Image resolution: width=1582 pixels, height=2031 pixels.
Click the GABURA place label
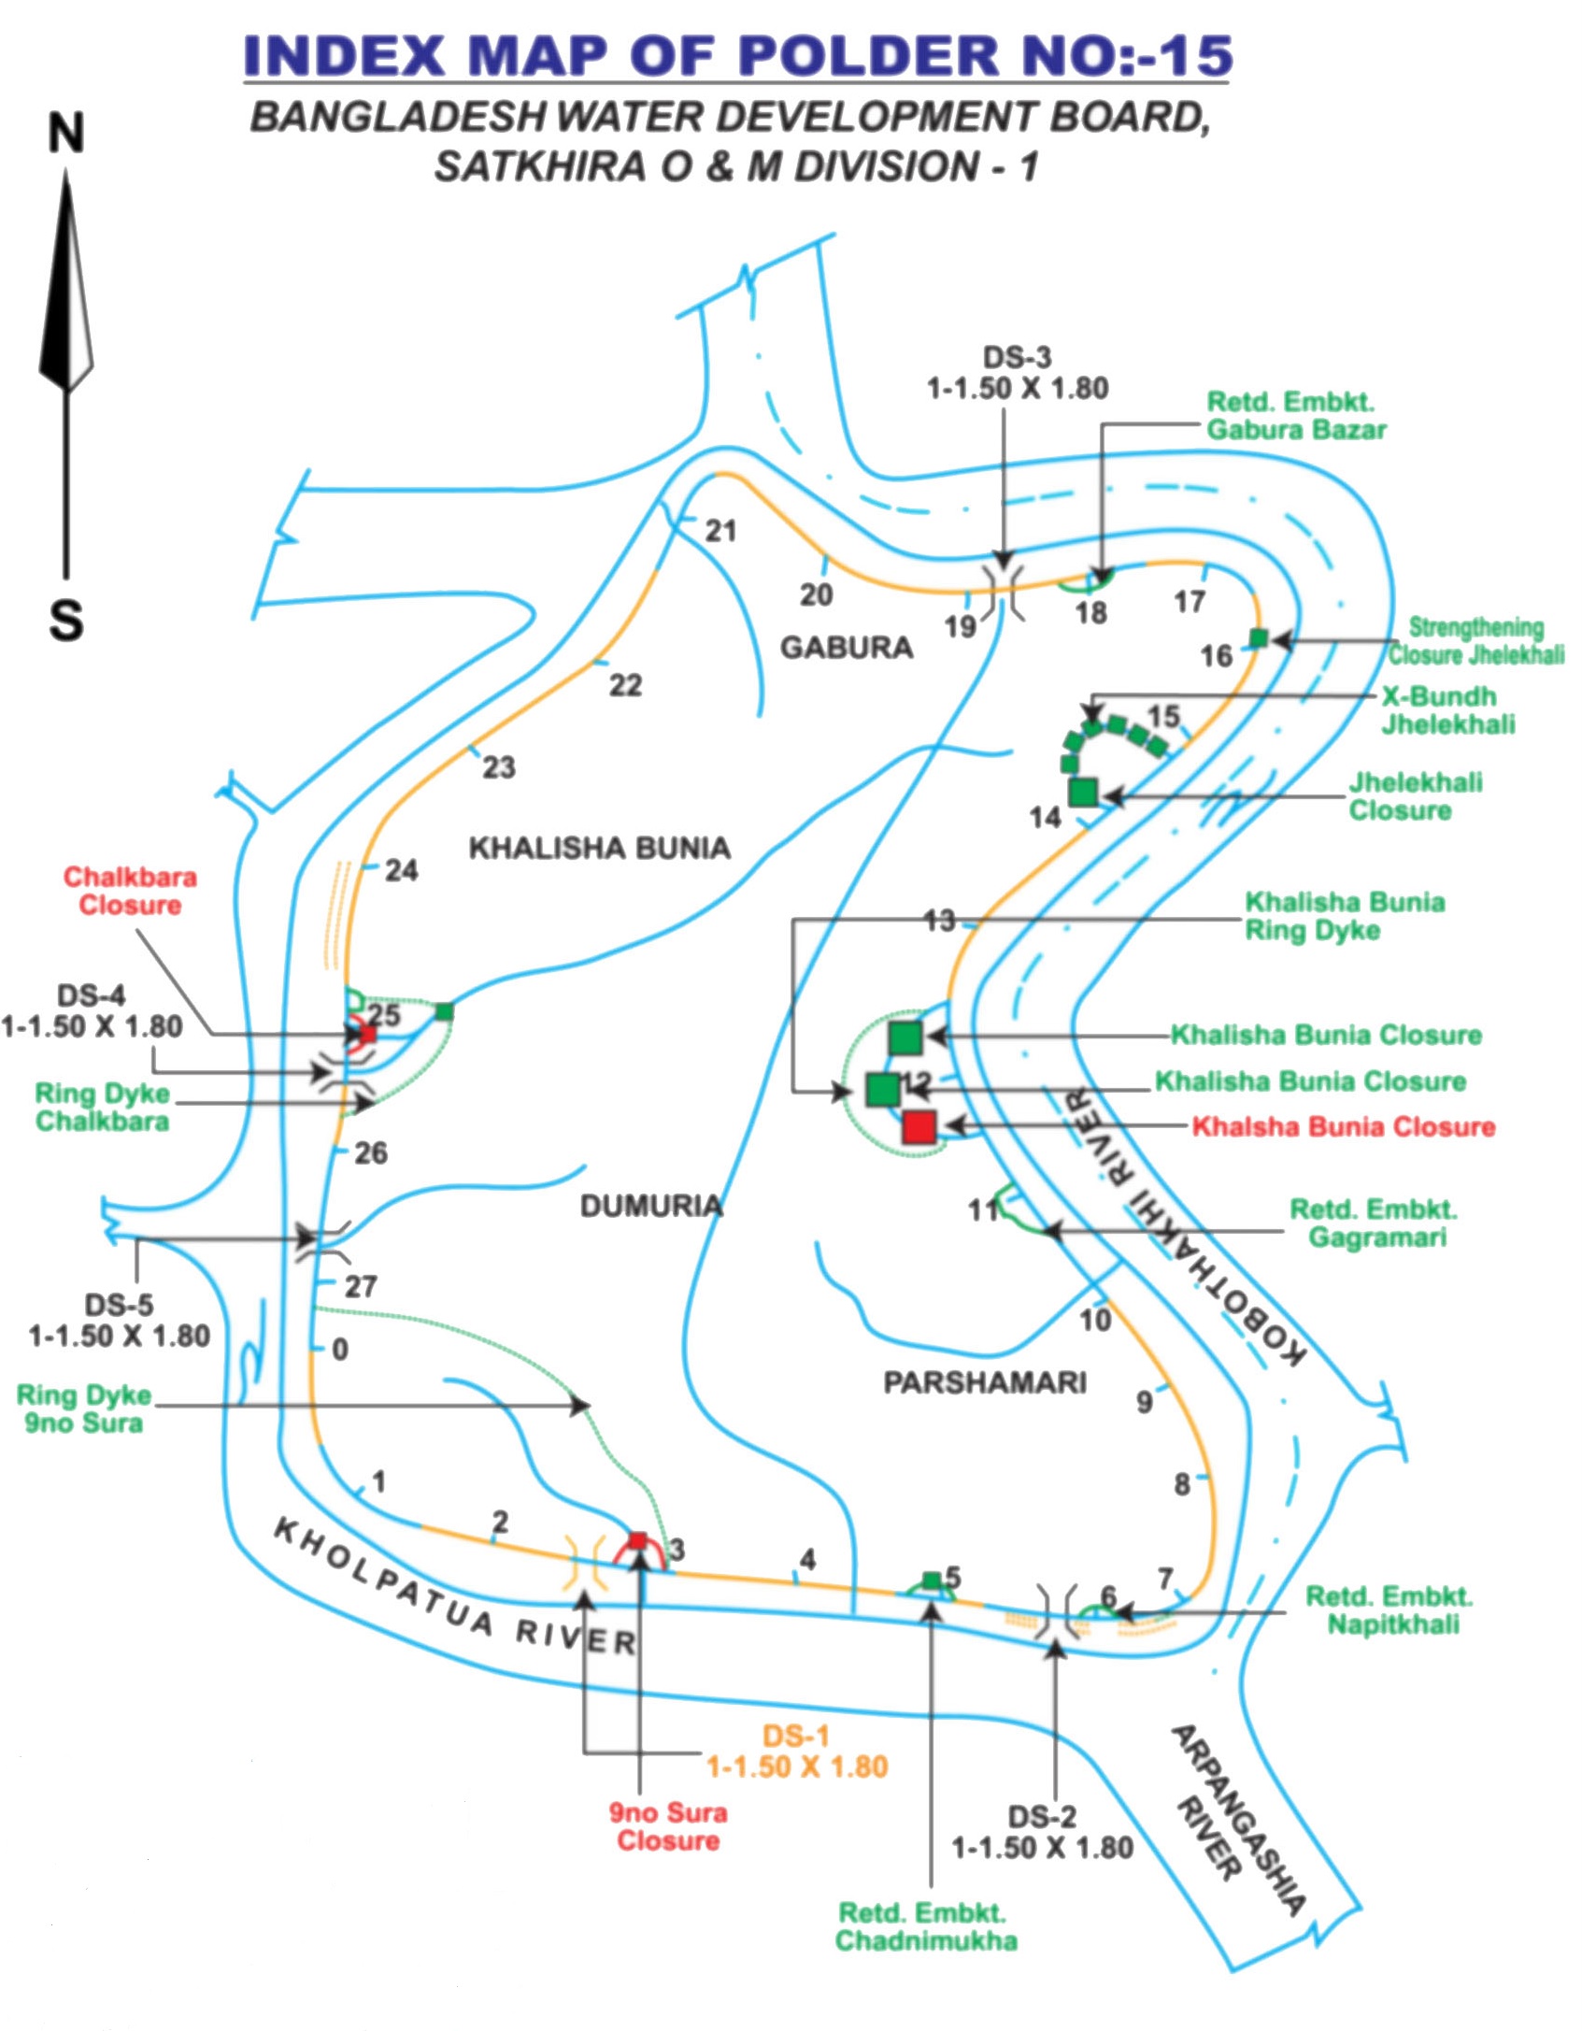[x=847, y=648]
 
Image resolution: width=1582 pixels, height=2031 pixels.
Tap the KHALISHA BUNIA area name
[x=599, y=848]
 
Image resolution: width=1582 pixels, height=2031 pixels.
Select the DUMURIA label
[x=651, y=1206]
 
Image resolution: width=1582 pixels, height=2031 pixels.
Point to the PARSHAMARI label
[x=985, y=1382]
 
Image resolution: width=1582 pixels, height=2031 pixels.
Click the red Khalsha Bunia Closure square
[x=919, y=1127]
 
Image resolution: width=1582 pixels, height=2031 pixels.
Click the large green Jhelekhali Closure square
[x=1082, y=792]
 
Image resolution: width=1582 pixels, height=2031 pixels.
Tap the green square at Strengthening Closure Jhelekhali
[x=1259, y=638]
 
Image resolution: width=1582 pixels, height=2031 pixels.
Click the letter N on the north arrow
[x=66, y=134]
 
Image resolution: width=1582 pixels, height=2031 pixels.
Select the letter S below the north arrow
[x=66, y=619]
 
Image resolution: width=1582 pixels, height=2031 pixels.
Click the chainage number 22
[x=625, y=685]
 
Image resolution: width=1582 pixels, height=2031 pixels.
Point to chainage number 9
[x=1145, y=1402]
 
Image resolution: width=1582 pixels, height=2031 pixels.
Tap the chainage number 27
[x=361, y=1287]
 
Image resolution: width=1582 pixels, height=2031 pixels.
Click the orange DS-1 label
[x=796, y=1737]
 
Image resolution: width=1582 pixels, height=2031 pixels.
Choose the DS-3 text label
[x=1017, y=357]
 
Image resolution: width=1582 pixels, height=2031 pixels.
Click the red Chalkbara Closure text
[x=130, y=891]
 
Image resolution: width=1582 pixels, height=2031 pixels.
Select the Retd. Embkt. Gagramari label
[x=1375, y=1223]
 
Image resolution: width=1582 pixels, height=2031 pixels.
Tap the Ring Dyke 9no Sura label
[x=84, y=1409]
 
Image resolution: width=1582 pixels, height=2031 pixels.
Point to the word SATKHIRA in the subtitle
[x=539, y=166]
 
